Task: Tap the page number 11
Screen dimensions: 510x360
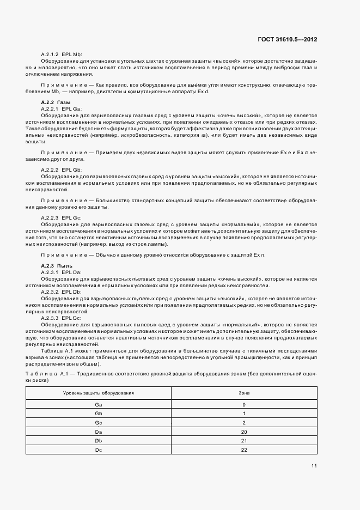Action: pos(314,465)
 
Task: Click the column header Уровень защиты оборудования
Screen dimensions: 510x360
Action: pos(99,393)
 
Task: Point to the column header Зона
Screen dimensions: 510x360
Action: pos(244,393)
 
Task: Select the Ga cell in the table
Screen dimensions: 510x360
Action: pos(99,405)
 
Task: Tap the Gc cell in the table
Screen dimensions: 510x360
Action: pos(99,422)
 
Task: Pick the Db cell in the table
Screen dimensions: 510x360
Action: pos(99,440)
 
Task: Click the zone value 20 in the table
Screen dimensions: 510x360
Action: pos(244,432)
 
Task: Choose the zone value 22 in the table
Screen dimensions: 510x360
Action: pos(244,450)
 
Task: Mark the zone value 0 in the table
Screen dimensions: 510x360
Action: pos(244,405)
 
